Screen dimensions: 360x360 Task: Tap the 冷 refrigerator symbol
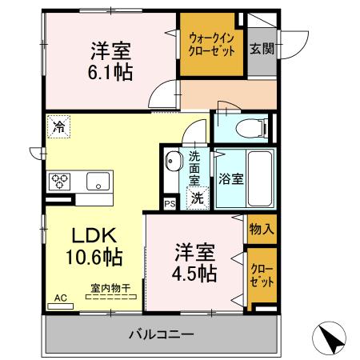58,126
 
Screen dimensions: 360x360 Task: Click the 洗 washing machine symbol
195,197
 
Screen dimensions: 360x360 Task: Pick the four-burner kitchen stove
60,181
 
